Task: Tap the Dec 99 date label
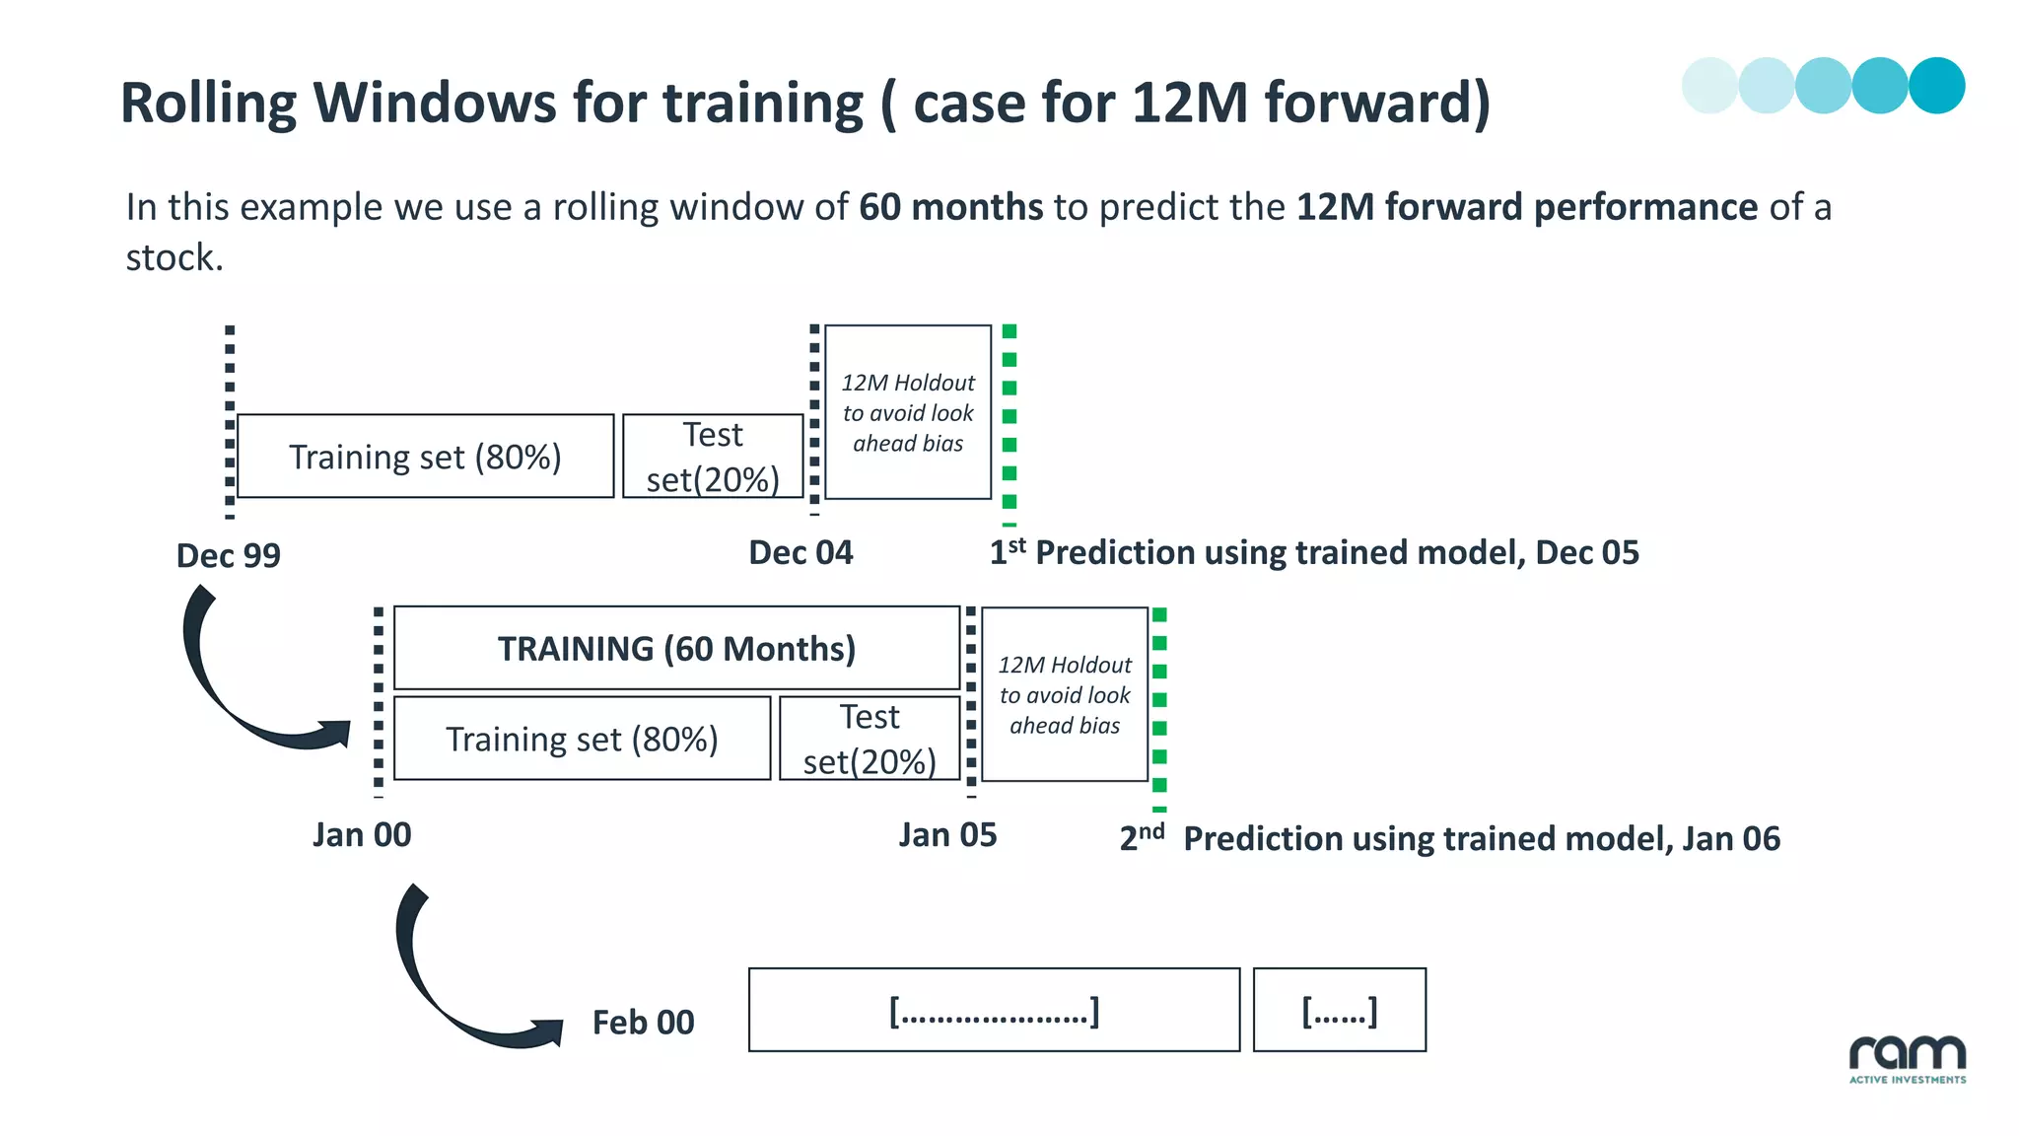[x=228, y=556]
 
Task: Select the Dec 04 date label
[x=801, y=553]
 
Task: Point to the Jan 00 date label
[x=362, y=835]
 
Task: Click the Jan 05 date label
[x=947, y=835]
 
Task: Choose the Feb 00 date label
[x=643, y=1023]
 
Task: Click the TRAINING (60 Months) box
[x=676, y=648]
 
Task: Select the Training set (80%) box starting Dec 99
[x=425, y=457]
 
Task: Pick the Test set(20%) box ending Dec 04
[x=713, y=457]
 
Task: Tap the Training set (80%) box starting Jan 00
[x=582, y=739]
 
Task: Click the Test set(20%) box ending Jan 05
[x=870, y=739]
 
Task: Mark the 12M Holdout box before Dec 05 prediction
[x=908, y=412]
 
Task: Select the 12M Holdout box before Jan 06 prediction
[x=1065, y=694]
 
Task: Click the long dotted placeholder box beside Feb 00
[x=994, y=1011]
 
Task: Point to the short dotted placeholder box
[x=1339, y=1011]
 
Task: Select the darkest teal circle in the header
[x=1936, y=86]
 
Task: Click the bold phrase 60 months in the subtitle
[x=950, y=207]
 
